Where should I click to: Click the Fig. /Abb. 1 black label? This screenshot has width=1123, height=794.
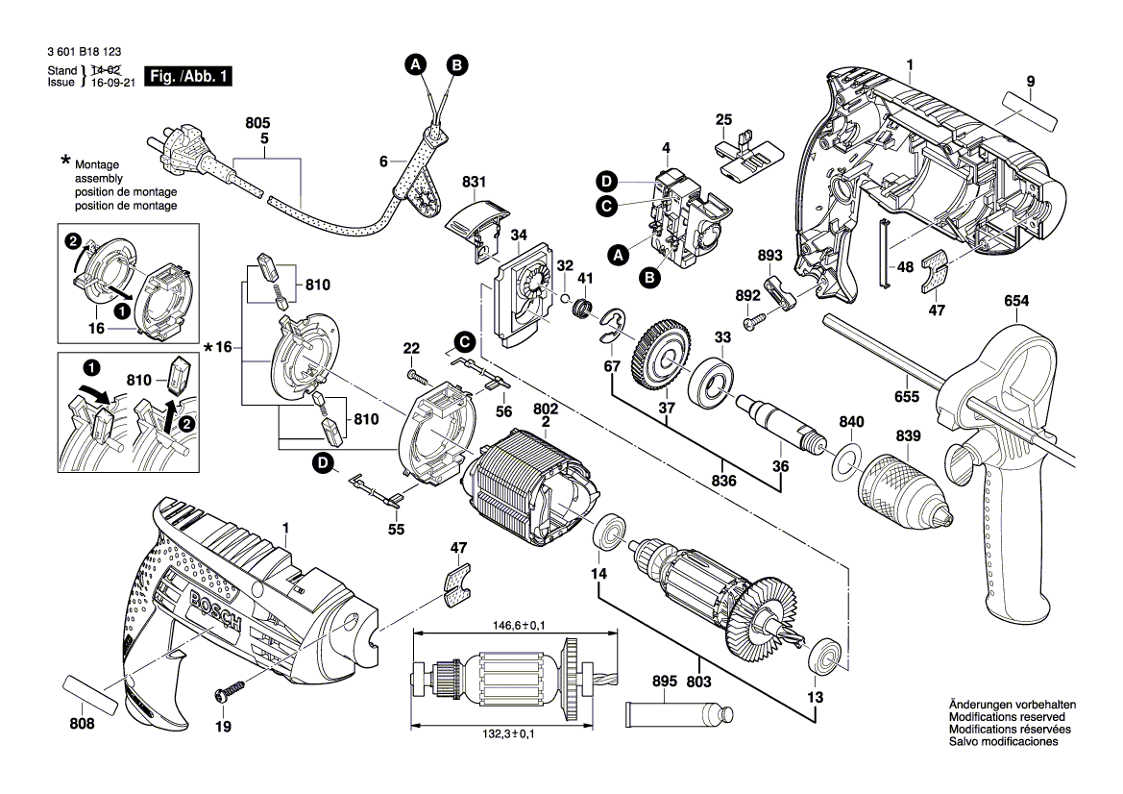click(187, 76)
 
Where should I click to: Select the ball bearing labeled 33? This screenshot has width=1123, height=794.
click(716, 386)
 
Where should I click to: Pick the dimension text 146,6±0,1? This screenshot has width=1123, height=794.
click(513, 625)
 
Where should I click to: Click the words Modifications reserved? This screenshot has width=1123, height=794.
click(1006, 717)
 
